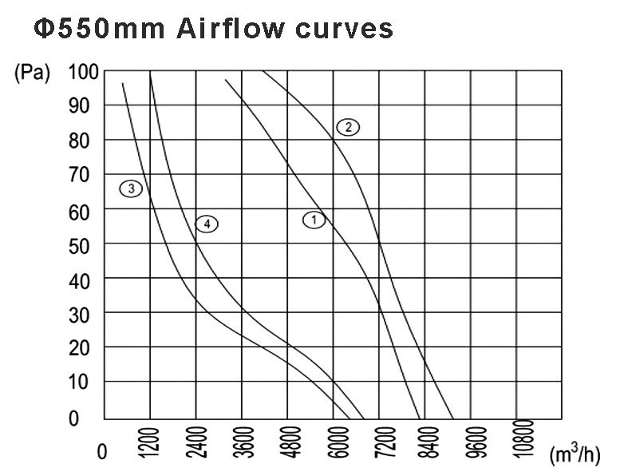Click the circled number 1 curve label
(x=314, y=219)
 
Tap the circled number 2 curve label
(x=348, y=126)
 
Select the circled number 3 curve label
(x=131, y=189)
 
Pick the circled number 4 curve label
(x=207, y=224)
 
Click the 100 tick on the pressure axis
(x=84, y=72)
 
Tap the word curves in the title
(x=343, y=29)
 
